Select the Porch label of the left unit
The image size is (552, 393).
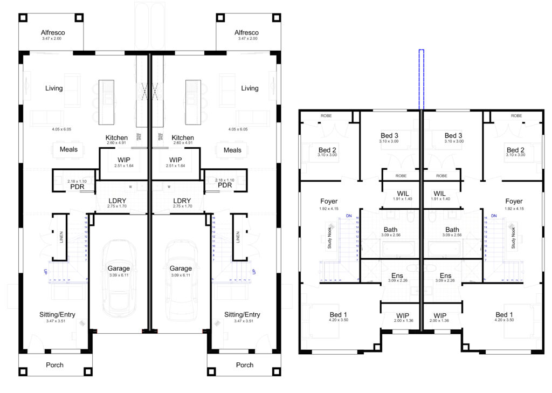tap(54, 365)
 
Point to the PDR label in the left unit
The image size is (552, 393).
tap(78, 187)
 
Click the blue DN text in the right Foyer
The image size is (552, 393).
tap(493, 216)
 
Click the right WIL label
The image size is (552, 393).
tap(440, 193)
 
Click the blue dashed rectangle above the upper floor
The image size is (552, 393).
tap(422, 78)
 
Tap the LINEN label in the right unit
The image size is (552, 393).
tap(238, 237)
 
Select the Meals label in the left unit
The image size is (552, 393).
tap(68, 149)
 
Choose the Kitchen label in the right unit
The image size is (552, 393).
tap(183, 138)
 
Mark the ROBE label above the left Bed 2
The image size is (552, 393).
tap(326, 116)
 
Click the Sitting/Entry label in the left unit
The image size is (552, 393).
tap(58, 315)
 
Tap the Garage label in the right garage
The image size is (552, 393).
tap(181, 268)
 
